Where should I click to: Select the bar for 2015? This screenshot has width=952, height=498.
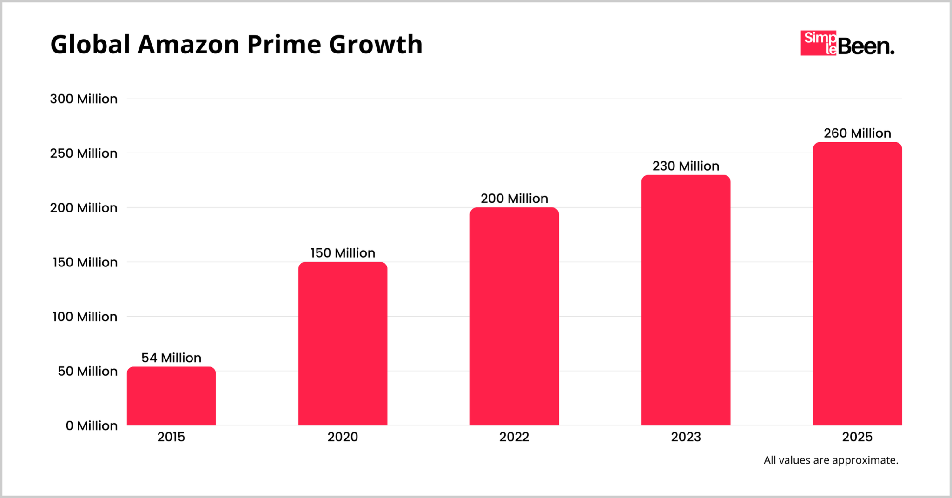(x=171, y=396)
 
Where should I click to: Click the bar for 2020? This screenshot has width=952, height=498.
(x=343, y=344)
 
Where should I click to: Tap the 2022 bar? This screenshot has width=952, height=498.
(x=514, y=316)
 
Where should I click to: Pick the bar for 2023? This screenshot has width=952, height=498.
(x=686, y=300)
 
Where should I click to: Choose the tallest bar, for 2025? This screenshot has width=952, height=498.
(x=857, y=284)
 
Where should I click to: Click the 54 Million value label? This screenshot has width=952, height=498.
(x=171, y=358)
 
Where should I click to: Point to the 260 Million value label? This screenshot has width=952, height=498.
(x=857, y=133)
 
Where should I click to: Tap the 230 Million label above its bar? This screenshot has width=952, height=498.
(x=686, y=166)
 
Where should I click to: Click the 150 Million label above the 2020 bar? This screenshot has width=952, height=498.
(x=343, y=253)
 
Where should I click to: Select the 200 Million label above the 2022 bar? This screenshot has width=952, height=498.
(x=514, y=199)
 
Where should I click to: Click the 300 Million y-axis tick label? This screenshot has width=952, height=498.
(x=84, y=99)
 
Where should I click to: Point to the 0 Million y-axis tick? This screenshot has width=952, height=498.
(x=92, y=425)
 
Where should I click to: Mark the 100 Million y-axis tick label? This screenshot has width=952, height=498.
(x=85, y=317)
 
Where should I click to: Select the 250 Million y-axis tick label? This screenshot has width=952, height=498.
(x=84, y=153)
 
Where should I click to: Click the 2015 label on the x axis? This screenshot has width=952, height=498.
(x=171, y=437)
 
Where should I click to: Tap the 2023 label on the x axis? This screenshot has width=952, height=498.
(x=686, y=437)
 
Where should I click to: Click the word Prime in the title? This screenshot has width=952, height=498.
(x=284, y=45)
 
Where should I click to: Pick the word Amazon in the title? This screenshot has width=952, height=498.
(x=188, y=45)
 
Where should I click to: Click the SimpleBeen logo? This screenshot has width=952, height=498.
(x=847, y=44)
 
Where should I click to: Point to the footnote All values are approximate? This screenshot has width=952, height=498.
(x=831, y=460)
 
